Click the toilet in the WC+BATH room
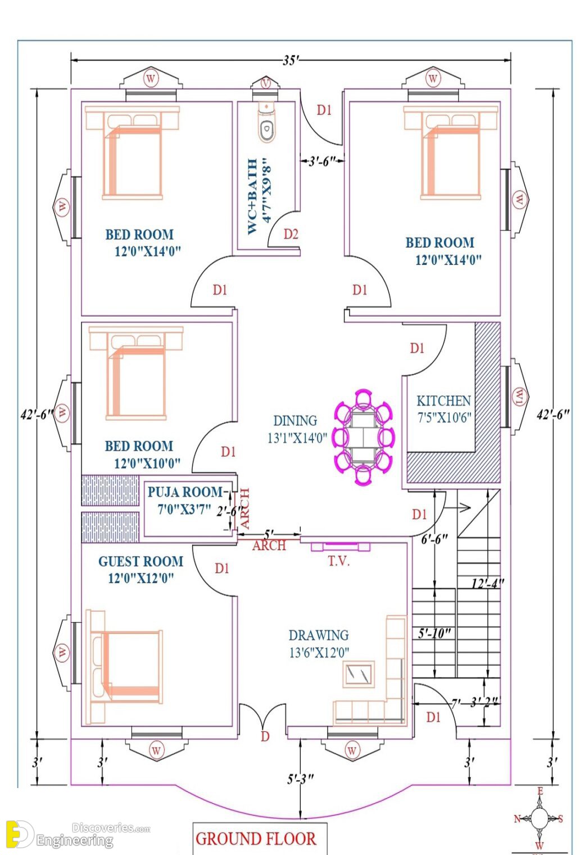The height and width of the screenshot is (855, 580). tap(266, 121)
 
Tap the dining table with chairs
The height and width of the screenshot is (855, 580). tap(364, 437)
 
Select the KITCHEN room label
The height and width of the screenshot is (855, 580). tap(443, 401)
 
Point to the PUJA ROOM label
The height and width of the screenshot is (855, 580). tap(184, 492)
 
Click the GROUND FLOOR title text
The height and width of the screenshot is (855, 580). tap(256, 839)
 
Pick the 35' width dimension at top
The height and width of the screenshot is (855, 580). tap(291, 60)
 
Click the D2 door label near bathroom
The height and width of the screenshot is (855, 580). tap(291, 234)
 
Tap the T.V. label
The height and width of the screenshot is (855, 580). tap(339, 561)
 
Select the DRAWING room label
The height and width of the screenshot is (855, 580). tap(319, 635)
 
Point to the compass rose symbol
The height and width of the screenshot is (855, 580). tap(538, 817)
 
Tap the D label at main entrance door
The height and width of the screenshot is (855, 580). tap(265, 736)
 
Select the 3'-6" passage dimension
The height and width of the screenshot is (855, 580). tap(323, 161)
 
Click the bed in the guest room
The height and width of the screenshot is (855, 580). tap(124, 667)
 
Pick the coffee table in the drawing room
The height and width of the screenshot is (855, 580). tap(358, 674)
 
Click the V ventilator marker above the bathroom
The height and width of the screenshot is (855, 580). tap(266, 82)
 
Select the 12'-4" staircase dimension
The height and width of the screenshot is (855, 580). tap(488, 584)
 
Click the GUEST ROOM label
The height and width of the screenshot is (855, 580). tap(141, 561)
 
